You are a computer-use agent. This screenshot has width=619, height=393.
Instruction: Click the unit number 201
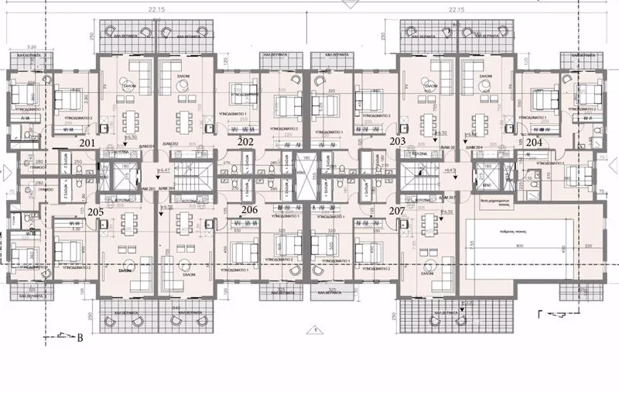(x=87, y=143)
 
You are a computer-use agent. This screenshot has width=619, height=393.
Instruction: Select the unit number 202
(x=246, y=142)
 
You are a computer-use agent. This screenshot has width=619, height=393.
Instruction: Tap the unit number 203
(x=398, y=142)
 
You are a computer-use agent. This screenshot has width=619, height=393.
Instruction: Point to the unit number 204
(x=534, y=143)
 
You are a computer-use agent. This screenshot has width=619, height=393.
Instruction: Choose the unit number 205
(x=95, y=212)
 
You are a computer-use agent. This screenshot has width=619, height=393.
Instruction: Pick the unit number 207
(x=396, y=210)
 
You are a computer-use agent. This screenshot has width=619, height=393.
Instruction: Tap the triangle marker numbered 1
(x=316, y=329)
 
